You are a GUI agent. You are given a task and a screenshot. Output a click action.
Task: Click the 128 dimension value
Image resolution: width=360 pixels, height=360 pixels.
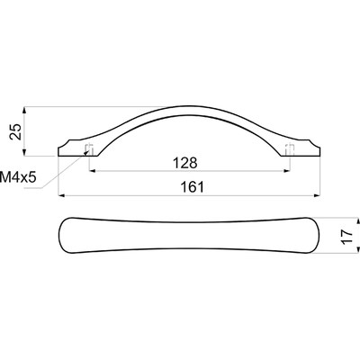point(185,163)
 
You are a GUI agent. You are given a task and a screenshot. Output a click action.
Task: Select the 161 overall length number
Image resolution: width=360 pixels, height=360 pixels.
point(192,187)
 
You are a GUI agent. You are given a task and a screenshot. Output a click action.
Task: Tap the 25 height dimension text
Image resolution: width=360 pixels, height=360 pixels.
point(15,131)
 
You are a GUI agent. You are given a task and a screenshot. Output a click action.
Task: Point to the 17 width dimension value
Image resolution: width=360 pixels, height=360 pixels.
point(346,237)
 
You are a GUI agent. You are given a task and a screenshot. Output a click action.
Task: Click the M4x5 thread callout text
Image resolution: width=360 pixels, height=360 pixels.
point(18,177)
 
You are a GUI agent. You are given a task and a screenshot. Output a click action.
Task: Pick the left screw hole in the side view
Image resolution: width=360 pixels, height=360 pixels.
point(89,150)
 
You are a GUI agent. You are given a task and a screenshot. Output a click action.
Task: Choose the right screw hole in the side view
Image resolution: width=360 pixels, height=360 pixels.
point(290,150)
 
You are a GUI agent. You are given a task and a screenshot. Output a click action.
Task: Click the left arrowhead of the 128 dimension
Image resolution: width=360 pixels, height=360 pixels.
point(93,171)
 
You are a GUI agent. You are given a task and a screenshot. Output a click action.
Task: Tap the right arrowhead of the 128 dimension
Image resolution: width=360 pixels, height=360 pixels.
point(287,171)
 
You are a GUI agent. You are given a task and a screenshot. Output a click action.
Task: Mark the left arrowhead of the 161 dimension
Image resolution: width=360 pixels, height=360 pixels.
point(61,195)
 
